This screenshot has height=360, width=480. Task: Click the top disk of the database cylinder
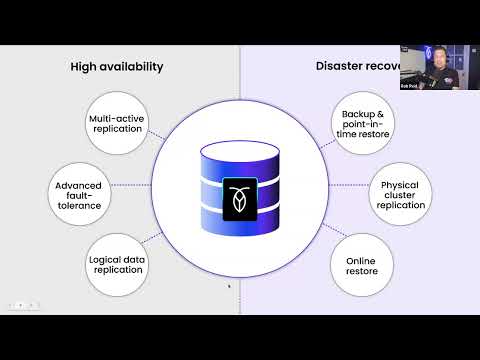point(240,154)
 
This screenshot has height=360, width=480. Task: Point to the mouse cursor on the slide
point(229,286)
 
